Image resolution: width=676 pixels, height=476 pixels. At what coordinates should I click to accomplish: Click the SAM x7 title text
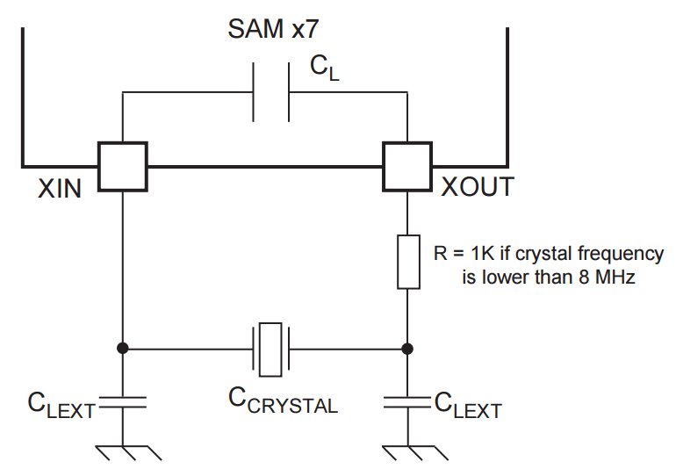tap(273, 29)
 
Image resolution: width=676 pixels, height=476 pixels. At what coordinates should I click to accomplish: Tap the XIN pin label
tap(60, 189)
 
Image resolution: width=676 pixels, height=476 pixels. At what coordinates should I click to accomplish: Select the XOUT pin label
tap(478, 187)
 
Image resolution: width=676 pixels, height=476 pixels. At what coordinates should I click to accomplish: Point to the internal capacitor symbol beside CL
tap(270, 92)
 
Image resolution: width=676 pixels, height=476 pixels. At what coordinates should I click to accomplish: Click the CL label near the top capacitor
tap(324, 69)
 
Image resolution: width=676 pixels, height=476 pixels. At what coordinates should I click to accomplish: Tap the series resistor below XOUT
tap(408, 262)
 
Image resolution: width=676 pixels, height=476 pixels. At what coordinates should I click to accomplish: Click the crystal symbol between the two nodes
tap(270, 349)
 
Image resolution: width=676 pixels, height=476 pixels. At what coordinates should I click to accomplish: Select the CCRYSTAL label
tap(283, 400)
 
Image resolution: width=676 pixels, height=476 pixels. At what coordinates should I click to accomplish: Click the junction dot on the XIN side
tap(123, 348)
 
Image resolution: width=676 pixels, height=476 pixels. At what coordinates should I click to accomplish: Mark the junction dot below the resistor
tap(407, 349)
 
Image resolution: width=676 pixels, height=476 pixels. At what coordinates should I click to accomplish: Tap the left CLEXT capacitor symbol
tap(123, 402)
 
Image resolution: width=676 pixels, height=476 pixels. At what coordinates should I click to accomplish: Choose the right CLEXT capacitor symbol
tap(407, 402)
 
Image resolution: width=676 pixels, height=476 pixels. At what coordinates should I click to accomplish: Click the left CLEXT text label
tap(61, 405)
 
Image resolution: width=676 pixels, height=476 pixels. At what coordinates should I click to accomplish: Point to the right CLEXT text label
tap(468, 405)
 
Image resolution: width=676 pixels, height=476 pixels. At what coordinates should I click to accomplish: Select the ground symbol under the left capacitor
tap(128, 452)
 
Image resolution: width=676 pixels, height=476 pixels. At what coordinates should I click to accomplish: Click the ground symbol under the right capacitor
tap(414, 452)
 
